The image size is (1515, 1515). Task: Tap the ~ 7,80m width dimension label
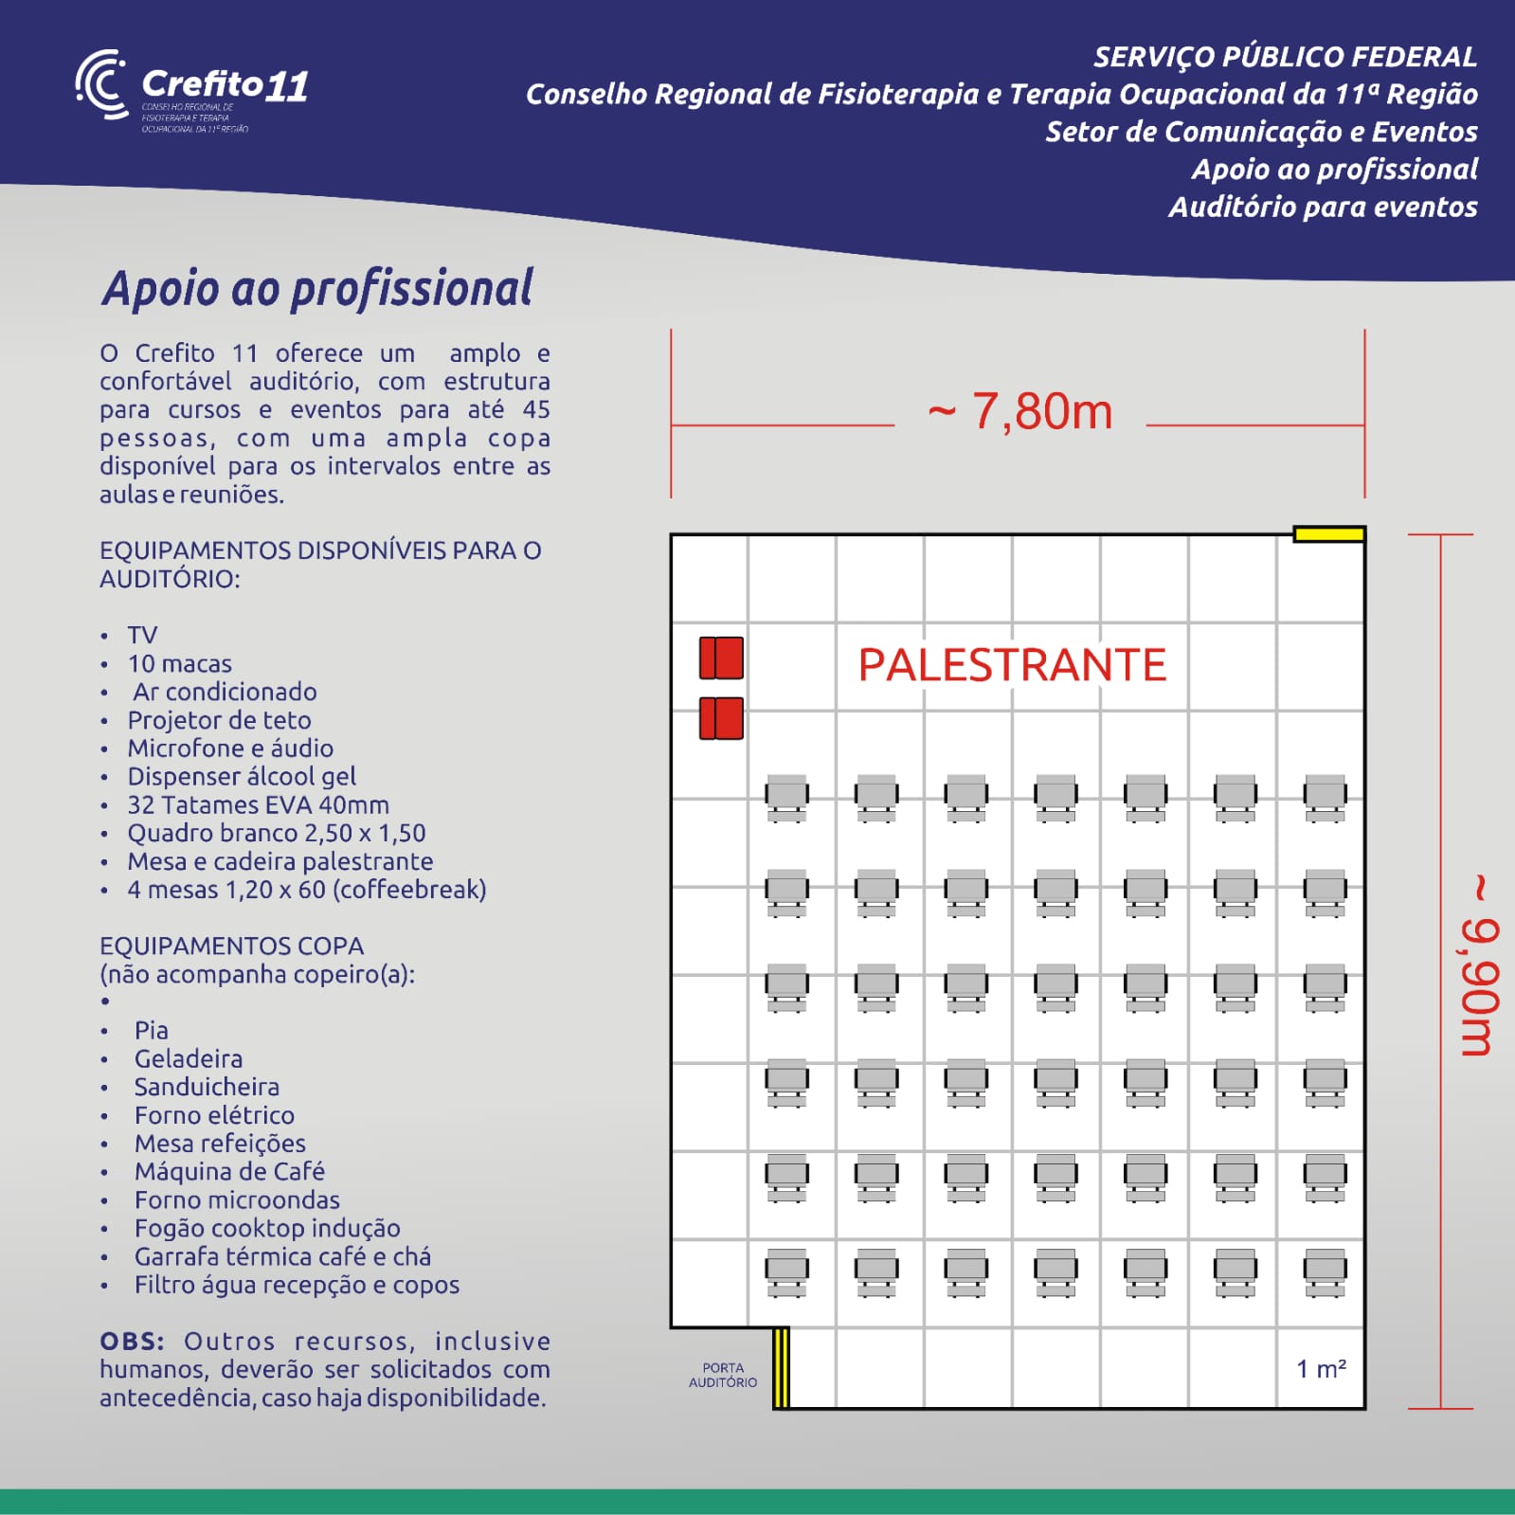pyautogui.click(x=1019, y=412)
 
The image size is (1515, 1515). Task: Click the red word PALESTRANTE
pyautogui.click(x=1012, y=665)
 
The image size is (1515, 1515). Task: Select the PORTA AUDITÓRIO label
pyautogui.click(x=723, y=1375)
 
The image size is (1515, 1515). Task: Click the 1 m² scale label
pyautogui.click(x=1321, y=1369)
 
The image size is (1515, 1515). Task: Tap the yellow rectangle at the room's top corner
pyautogui.click(x=1328, y=534)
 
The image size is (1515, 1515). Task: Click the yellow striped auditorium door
pyautogui.click(x=781, y=1367)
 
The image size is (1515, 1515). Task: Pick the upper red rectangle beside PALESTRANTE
pyautogui.click(x=721, y=658)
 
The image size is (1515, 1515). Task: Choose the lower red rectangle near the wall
pyautogui.click(x=721, y=718)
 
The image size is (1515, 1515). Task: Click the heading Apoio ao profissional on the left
pyautogui.click(x=317, y=289)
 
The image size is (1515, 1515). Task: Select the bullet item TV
pyautogui.click(x=142, y=635)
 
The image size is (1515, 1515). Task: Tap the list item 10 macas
pyautogui.click(x=179, y=663)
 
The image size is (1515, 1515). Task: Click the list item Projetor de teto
pyautogui.click(x=219, y=720)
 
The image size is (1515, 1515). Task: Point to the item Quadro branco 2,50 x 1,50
pyautogui.click(x=276, y=833)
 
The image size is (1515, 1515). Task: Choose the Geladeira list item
pyautogui.click(x=188, y=1058)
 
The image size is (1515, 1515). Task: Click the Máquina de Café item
pyautogui.click(x=229, y=1171)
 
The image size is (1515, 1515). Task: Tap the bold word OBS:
pyautogui.click(x=132, y=1342)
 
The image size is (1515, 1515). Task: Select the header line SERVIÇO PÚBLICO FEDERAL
pyautogui.click(x=1285, y=57)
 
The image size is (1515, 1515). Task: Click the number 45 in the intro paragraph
pyautogui.click(x=536, y=409)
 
